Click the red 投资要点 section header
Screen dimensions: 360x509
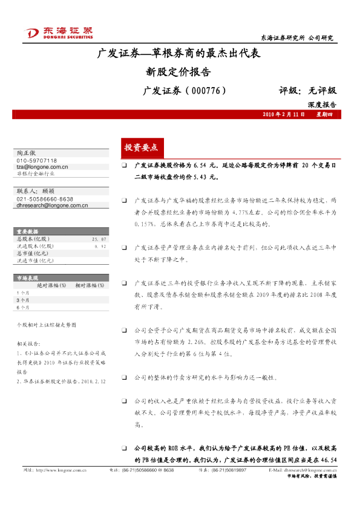point(141,147)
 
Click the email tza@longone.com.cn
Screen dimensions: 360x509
point(42,166)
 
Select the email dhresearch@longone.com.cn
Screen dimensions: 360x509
point(52,206)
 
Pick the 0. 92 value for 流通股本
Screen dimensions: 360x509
point(100,247)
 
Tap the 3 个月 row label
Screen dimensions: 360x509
point(24,300)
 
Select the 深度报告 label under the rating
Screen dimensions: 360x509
point(321,105)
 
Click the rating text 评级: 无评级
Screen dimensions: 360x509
point(307,91)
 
